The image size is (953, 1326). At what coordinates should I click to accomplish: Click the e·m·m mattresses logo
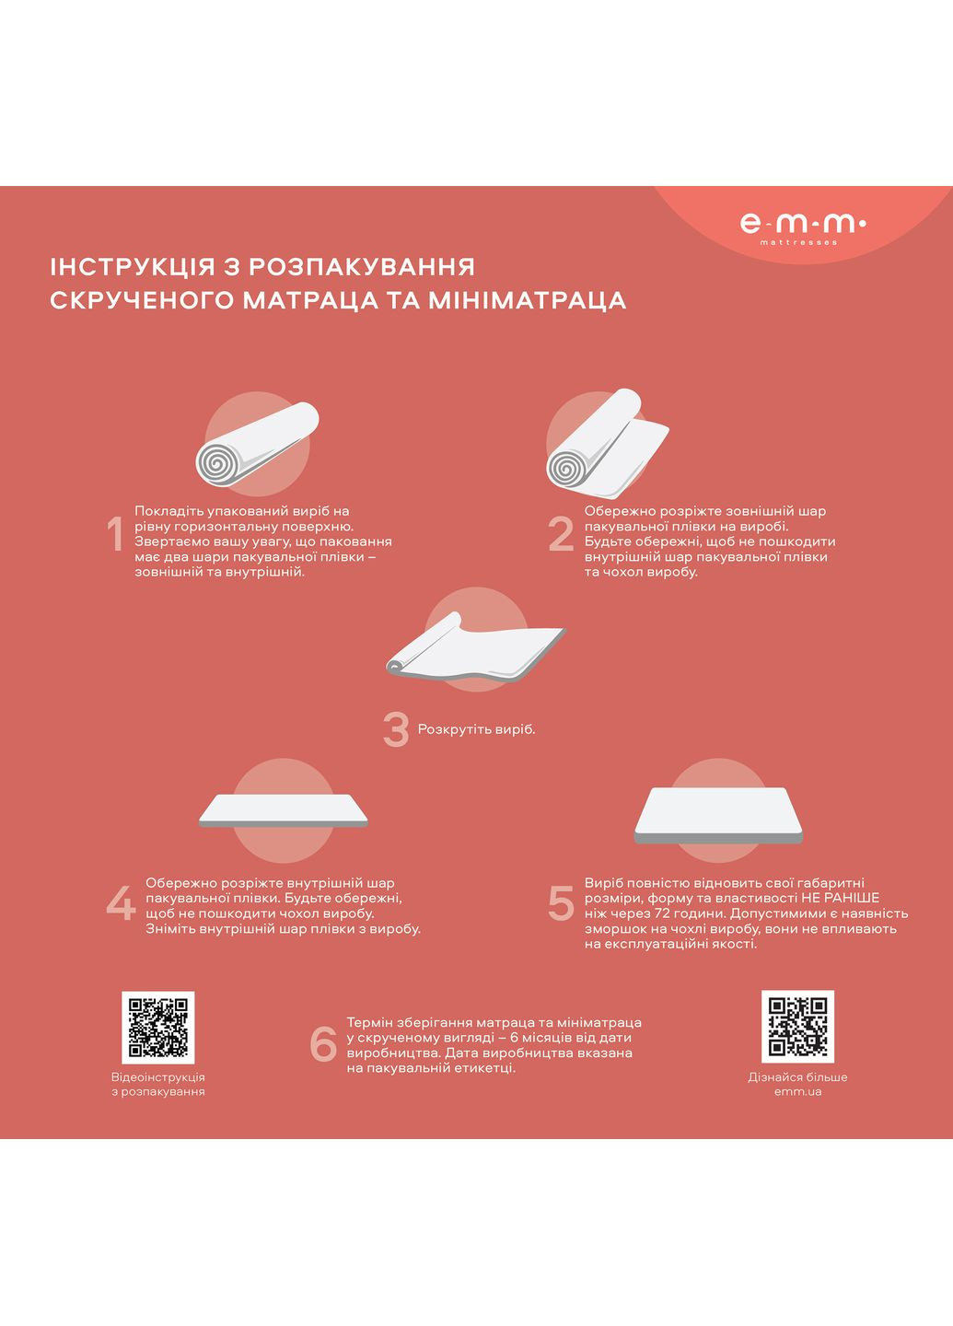pyautogui.click(x=802, y=225)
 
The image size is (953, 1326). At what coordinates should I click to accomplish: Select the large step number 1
pyautogui.click(x=115, y=535)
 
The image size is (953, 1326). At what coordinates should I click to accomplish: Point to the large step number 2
pyautogui.click(x=561, y=535)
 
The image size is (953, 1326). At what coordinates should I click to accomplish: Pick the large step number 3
pyautogui.click(x=396, y=729)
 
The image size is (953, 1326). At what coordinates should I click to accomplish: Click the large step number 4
pyautogui.click(x=121, y=903)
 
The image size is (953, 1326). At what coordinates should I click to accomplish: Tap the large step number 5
pyautogui.click(x=561, y=903)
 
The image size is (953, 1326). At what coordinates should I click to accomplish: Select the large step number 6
pyautogui.click(x=323, y=1044)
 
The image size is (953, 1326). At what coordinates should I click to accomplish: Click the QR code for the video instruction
pyautogui.click(x=158, y=1027)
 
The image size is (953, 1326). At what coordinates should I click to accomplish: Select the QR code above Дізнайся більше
pyautogui.click(x=797, y=1027)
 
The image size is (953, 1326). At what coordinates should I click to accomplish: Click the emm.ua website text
pyautogui.click(x=797, y=1092)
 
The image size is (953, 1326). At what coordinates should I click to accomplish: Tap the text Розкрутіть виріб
pyautogui.click(x=476, y=729)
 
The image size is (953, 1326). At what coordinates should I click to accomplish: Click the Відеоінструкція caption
pyautogui.click(x=158, y=1076)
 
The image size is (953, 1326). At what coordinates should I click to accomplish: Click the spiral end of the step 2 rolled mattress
pyautogui.click(x=568, y=467)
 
